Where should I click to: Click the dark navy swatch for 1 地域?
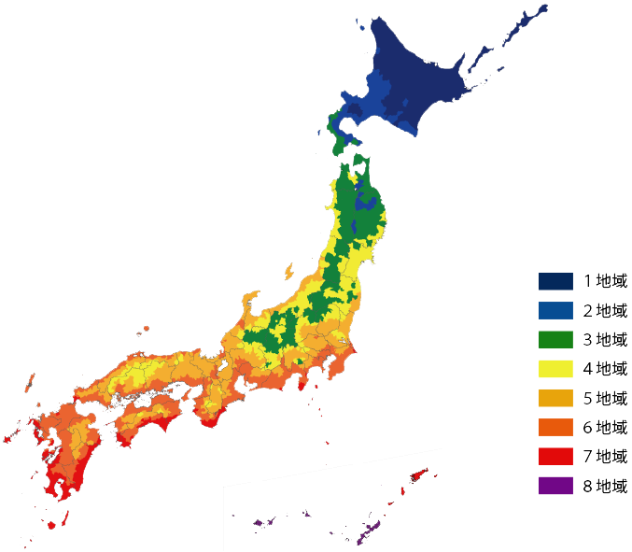[x=555, y=280]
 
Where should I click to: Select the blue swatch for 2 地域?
[x=555, y=310]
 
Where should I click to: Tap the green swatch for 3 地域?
[x=555, y=339]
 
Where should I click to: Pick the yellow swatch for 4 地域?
[x=555, y=368]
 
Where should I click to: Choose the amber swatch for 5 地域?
[x=555, y=398]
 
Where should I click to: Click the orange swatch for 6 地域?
[x=555, y=427]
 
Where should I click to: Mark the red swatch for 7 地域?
[x=555, y=456]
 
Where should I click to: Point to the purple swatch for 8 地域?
[x=555, y=486]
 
